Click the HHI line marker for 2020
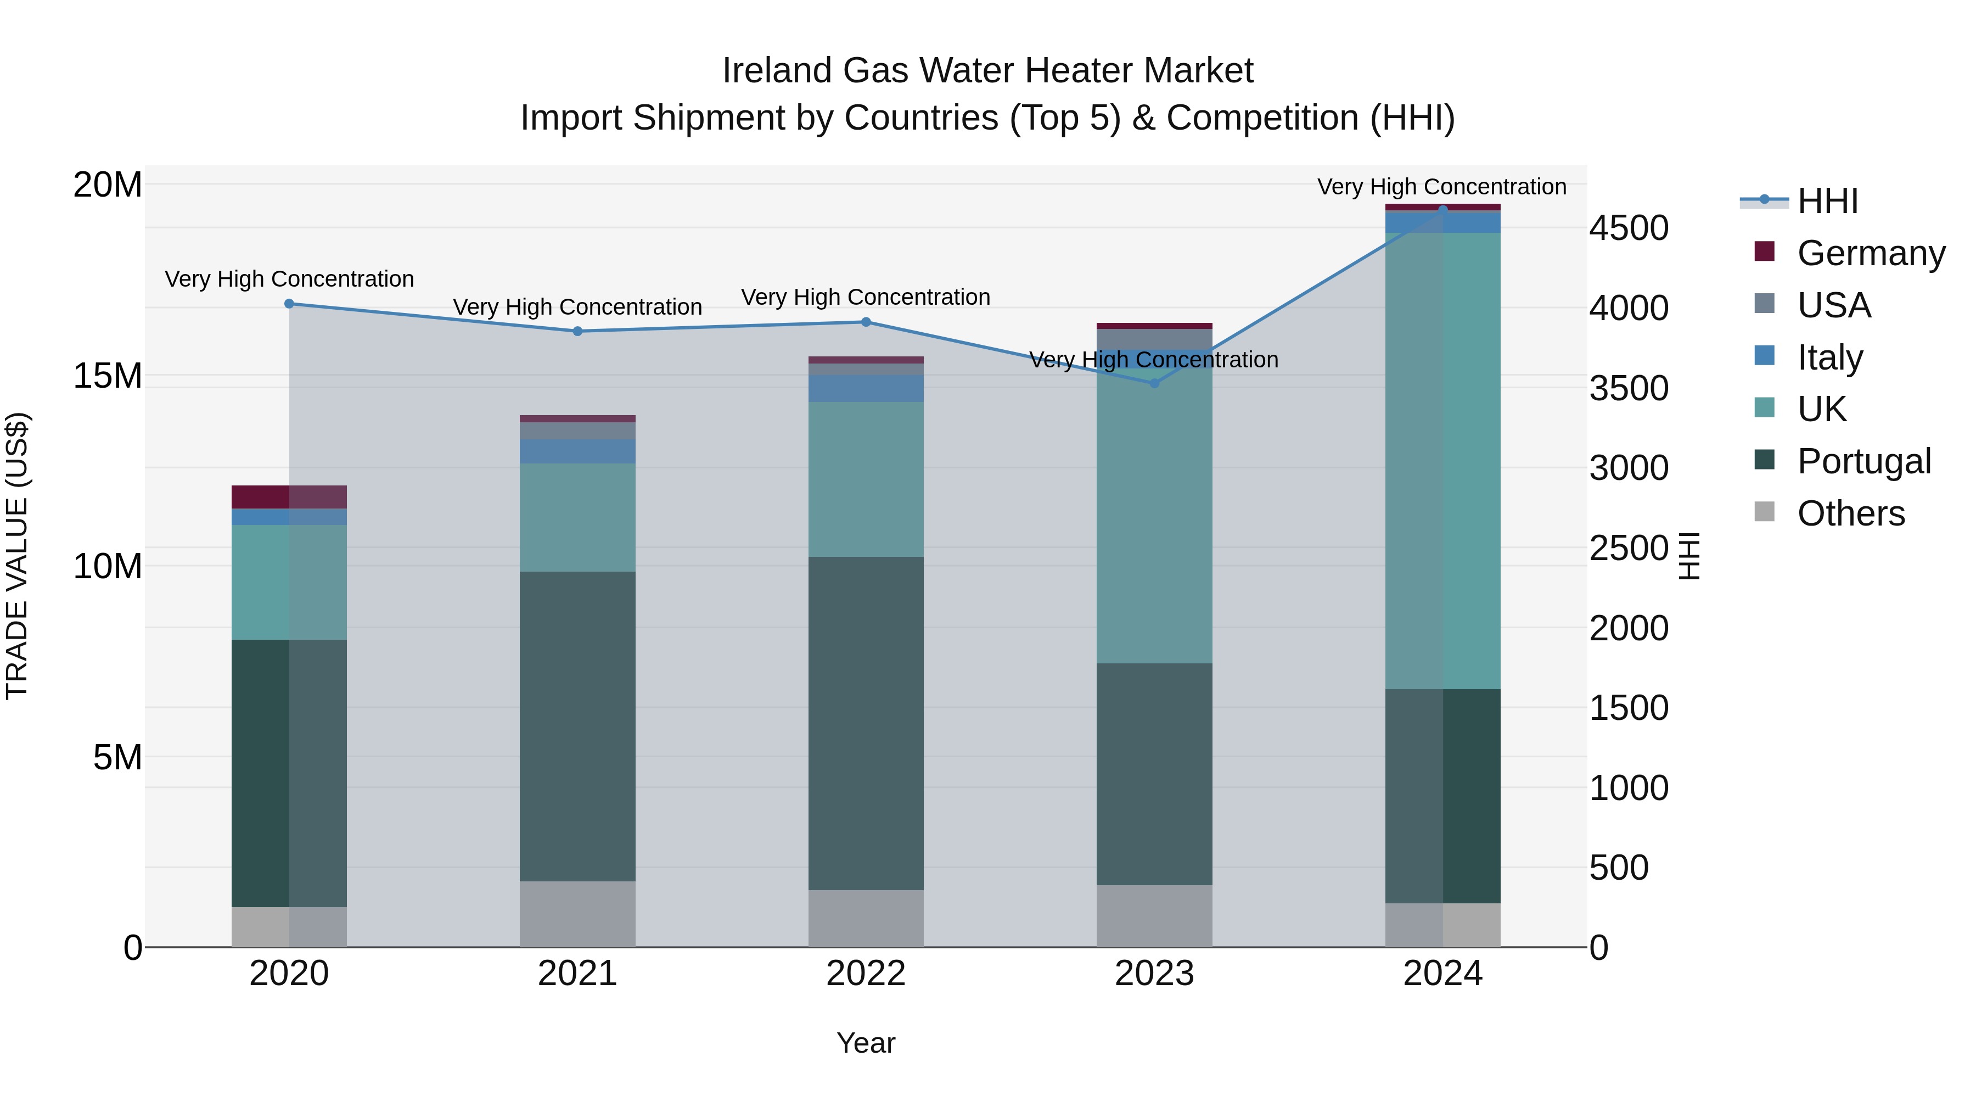[289, 304]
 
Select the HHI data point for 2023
[1154, 383]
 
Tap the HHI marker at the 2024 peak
[1443, 210]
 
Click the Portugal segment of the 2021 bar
[577, 726]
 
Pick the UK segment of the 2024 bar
[1443, 461]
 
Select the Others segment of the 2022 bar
[866, 919]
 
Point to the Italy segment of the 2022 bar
[866, 388]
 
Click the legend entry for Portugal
[1863, 461]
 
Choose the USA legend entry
[1833, 305]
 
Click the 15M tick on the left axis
[108, 376]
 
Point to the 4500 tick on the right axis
[1628, 228]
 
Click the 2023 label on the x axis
[1154, 974]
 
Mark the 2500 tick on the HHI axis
[1628, 548]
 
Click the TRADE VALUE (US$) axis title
[17, 556]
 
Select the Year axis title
[866, 1043]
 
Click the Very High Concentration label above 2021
[577, 307]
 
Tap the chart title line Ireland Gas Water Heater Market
[987, 71]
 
